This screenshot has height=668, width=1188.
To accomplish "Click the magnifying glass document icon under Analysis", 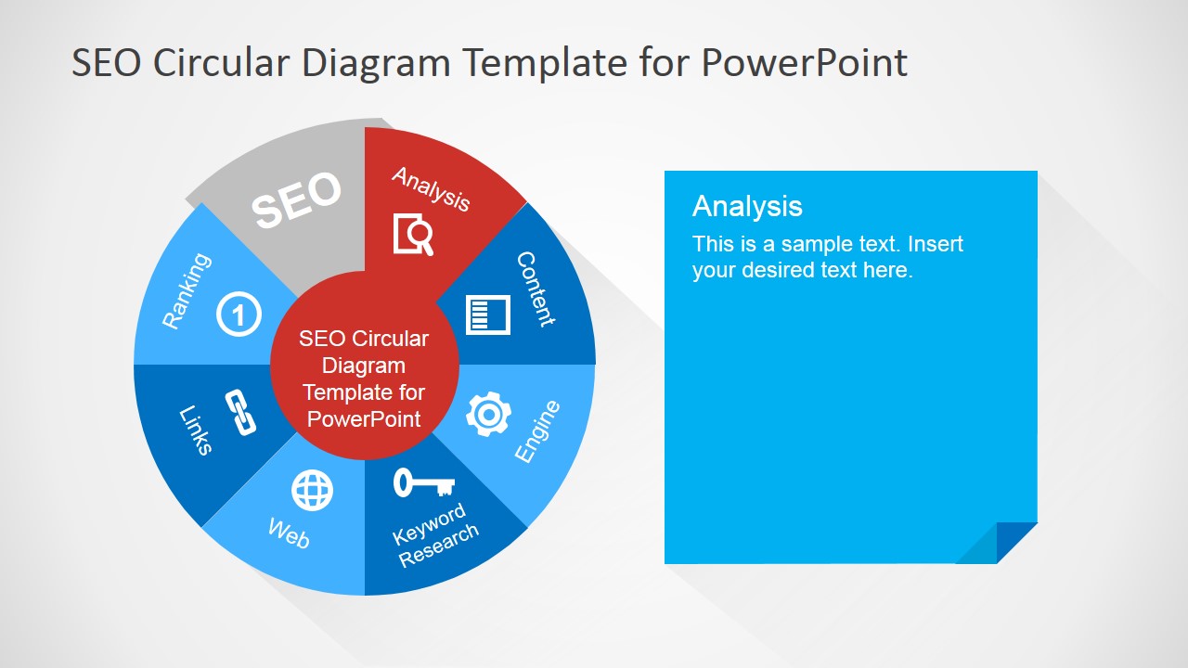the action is pos(413,235).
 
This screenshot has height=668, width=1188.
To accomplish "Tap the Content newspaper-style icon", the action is pos(488,315).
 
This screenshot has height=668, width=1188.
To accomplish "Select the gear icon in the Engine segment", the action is pos(488,414).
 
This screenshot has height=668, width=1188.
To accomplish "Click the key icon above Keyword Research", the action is pos(424,482).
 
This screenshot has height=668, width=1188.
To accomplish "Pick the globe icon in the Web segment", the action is pos(313,491).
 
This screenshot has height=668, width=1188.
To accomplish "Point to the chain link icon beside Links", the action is pos(240,413).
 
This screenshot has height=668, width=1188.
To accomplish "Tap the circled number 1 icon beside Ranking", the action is pos(239,314).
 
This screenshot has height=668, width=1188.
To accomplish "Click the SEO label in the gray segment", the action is pos(296,199).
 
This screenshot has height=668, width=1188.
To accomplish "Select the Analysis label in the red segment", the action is pos(431,189).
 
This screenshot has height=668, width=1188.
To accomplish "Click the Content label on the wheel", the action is pos(536,289).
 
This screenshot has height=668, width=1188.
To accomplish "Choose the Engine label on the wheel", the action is pos(537,431).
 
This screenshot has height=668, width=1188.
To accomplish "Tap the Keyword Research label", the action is pos(435,535).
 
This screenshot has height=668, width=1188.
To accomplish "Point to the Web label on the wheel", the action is pos(289,533).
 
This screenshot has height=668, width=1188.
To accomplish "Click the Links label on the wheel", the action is pos(196,430).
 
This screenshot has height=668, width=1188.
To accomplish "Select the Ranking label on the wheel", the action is pos(187,291).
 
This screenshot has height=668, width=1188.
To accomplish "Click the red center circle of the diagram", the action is pos(364,365).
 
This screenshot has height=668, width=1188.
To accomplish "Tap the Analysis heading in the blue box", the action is pos(747,206).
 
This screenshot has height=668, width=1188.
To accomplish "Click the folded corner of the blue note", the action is pos(997,543).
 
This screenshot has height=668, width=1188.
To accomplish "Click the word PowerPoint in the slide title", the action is pos(805,62).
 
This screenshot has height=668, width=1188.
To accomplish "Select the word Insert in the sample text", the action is pos(936,244).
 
